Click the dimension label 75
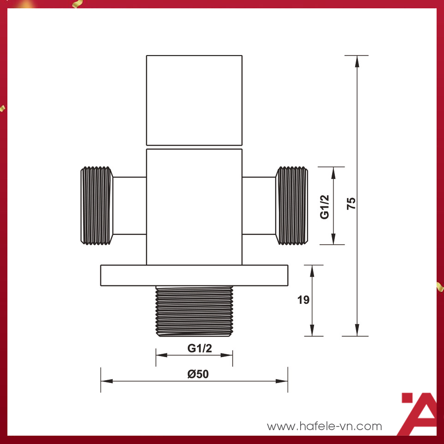coord(351,203)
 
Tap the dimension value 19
coord(303,300)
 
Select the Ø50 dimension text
coord(198,374)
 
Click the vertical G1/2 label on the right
coord(325,207)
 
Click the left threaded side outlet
coord(97,205)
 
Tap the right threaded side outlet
coord(292,205)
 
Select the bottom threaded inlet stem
coord(194,311)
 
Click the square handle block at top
coord(194,100)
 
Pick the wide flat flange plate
coord(194,275)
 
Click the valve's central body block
coord(194,207)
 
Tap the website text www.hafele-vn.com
coord(325,426)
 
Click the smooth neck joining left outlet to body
coord(129,205)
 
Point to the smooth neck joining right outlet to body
coord(259,205)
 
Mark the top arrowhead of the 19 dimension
coord(312,271)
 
